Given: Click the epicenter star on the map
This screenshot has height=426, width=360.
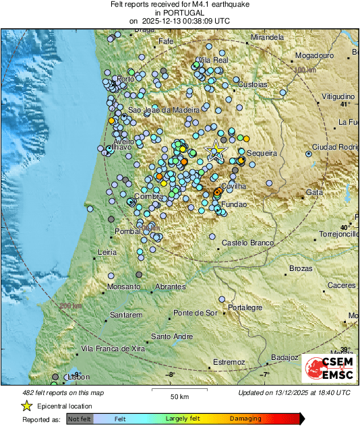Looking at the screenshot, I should [217, 150].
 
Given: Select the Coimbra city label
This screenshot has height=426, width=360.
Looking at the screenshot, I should [149, 197].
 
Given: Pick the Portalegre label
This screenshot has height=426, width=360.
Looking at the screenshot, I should [244, 307].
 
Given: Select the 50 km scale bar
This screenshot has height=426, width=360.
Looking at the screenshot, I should [178, 390].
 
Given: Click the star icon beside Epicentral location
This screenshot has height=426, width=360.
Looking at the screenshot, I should [26, 406].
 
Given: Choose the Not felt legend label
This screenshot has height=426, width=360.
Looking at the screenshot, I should [80, 419].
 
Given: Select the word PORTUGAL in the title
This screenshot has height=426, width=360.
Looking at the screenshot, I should [179, 13].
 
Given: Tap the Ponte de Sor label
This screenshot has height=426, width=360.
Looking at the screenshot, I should [196, 313].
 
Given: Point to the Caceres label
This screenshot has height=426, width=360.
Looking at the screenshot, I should [342, 286].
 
